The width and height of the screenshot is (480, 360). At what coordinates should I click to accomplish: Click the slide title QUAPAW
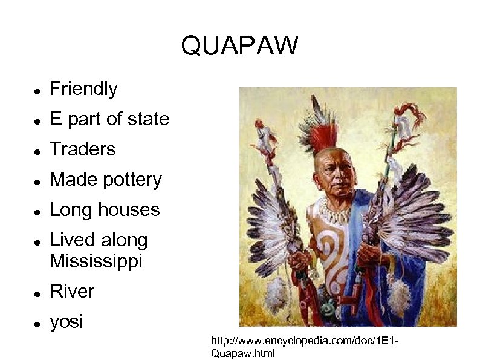[239, 45]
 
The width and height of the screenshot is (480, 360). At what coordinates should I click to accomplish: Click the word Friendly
[83, 90]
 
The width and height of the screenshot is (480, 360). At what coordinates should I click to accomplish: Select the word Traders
[82, 149]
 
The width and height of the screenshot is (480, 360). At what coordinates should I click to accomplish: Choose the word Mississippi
[96, 261]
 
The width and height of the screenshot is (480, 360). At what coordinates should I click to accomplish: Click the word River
[72, 292]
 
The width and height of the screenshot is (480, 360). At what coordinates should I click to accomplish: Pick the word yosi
[66, 322]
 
